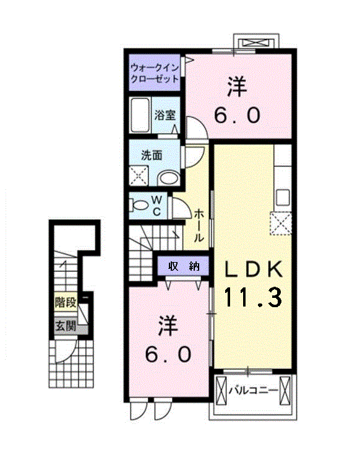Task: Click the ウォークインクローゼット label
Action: pos(155,74)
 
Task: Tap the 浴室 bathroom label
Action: pos(165,115)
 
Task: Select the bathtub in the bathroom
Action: pos(140,115)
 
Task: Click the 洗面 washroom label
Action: pos(152,155)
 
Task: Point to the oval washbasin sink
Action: pos(168,179)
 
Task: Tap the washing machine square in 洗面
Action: pos(139,176)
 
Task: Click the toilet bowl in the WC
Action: pos(139,205)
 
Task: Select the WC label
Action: pos(156,206)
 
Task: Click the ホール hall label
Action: pos(199,225)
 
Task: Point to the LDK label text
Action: pos(252,269)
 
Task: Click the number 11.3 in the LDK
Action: pos(252,297)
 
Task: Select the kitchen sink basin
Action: pos(283,197)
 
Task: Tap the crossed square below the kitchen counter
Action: pos(281,223)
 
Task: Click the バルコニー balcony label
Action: pos(254,390)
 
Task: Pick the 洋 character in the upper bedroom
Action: pos(237,87)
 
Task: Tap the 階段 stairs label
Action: pos(66,303)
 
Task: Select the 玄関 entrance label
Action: pos(66,326)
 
